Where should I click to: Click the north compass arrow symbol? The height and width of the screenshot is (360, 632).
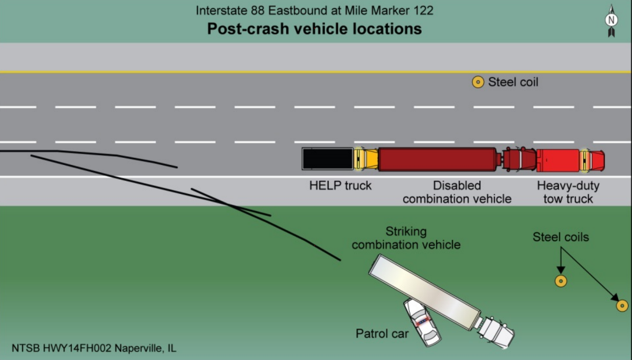(611, 21)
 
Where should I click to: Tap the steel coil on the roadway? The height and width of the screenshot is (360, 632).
(478, 82)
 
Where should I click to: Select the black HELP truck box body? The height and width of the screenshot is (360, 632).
(328, 159)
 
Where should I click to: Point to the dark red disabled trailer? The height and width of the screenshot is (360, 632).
(437, 159)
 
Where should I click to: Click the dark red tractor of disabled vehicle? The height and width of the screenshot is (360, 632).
(519, 159)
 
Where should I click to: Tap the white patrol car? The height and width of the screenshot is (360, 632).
(422, 322)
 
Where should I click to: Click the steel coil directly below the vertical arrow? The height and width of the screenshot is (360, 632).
(561, 281)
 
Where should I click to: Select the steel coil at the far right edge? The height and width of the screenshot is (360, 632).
(622, 306)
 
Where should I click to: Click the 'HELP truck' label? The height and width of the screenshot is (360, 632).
(340, 186)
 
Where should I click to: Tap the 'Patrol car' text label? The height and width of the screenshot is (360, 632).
(382, 334)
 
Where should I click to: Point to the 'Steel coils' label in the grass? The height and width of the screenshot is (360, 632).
(561, 237)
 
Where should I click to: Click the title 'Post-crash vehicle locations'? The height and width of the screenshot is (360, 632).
(314, 29)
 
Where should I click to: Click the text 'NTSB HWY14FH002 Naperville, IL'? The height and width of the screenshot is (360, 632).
(94, 348)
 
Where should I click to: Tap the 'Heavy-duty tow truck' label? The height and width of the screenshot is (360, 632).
(568, 192)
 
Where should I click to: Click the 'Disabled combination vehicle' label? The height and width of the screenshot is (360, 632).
(457, 192)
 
